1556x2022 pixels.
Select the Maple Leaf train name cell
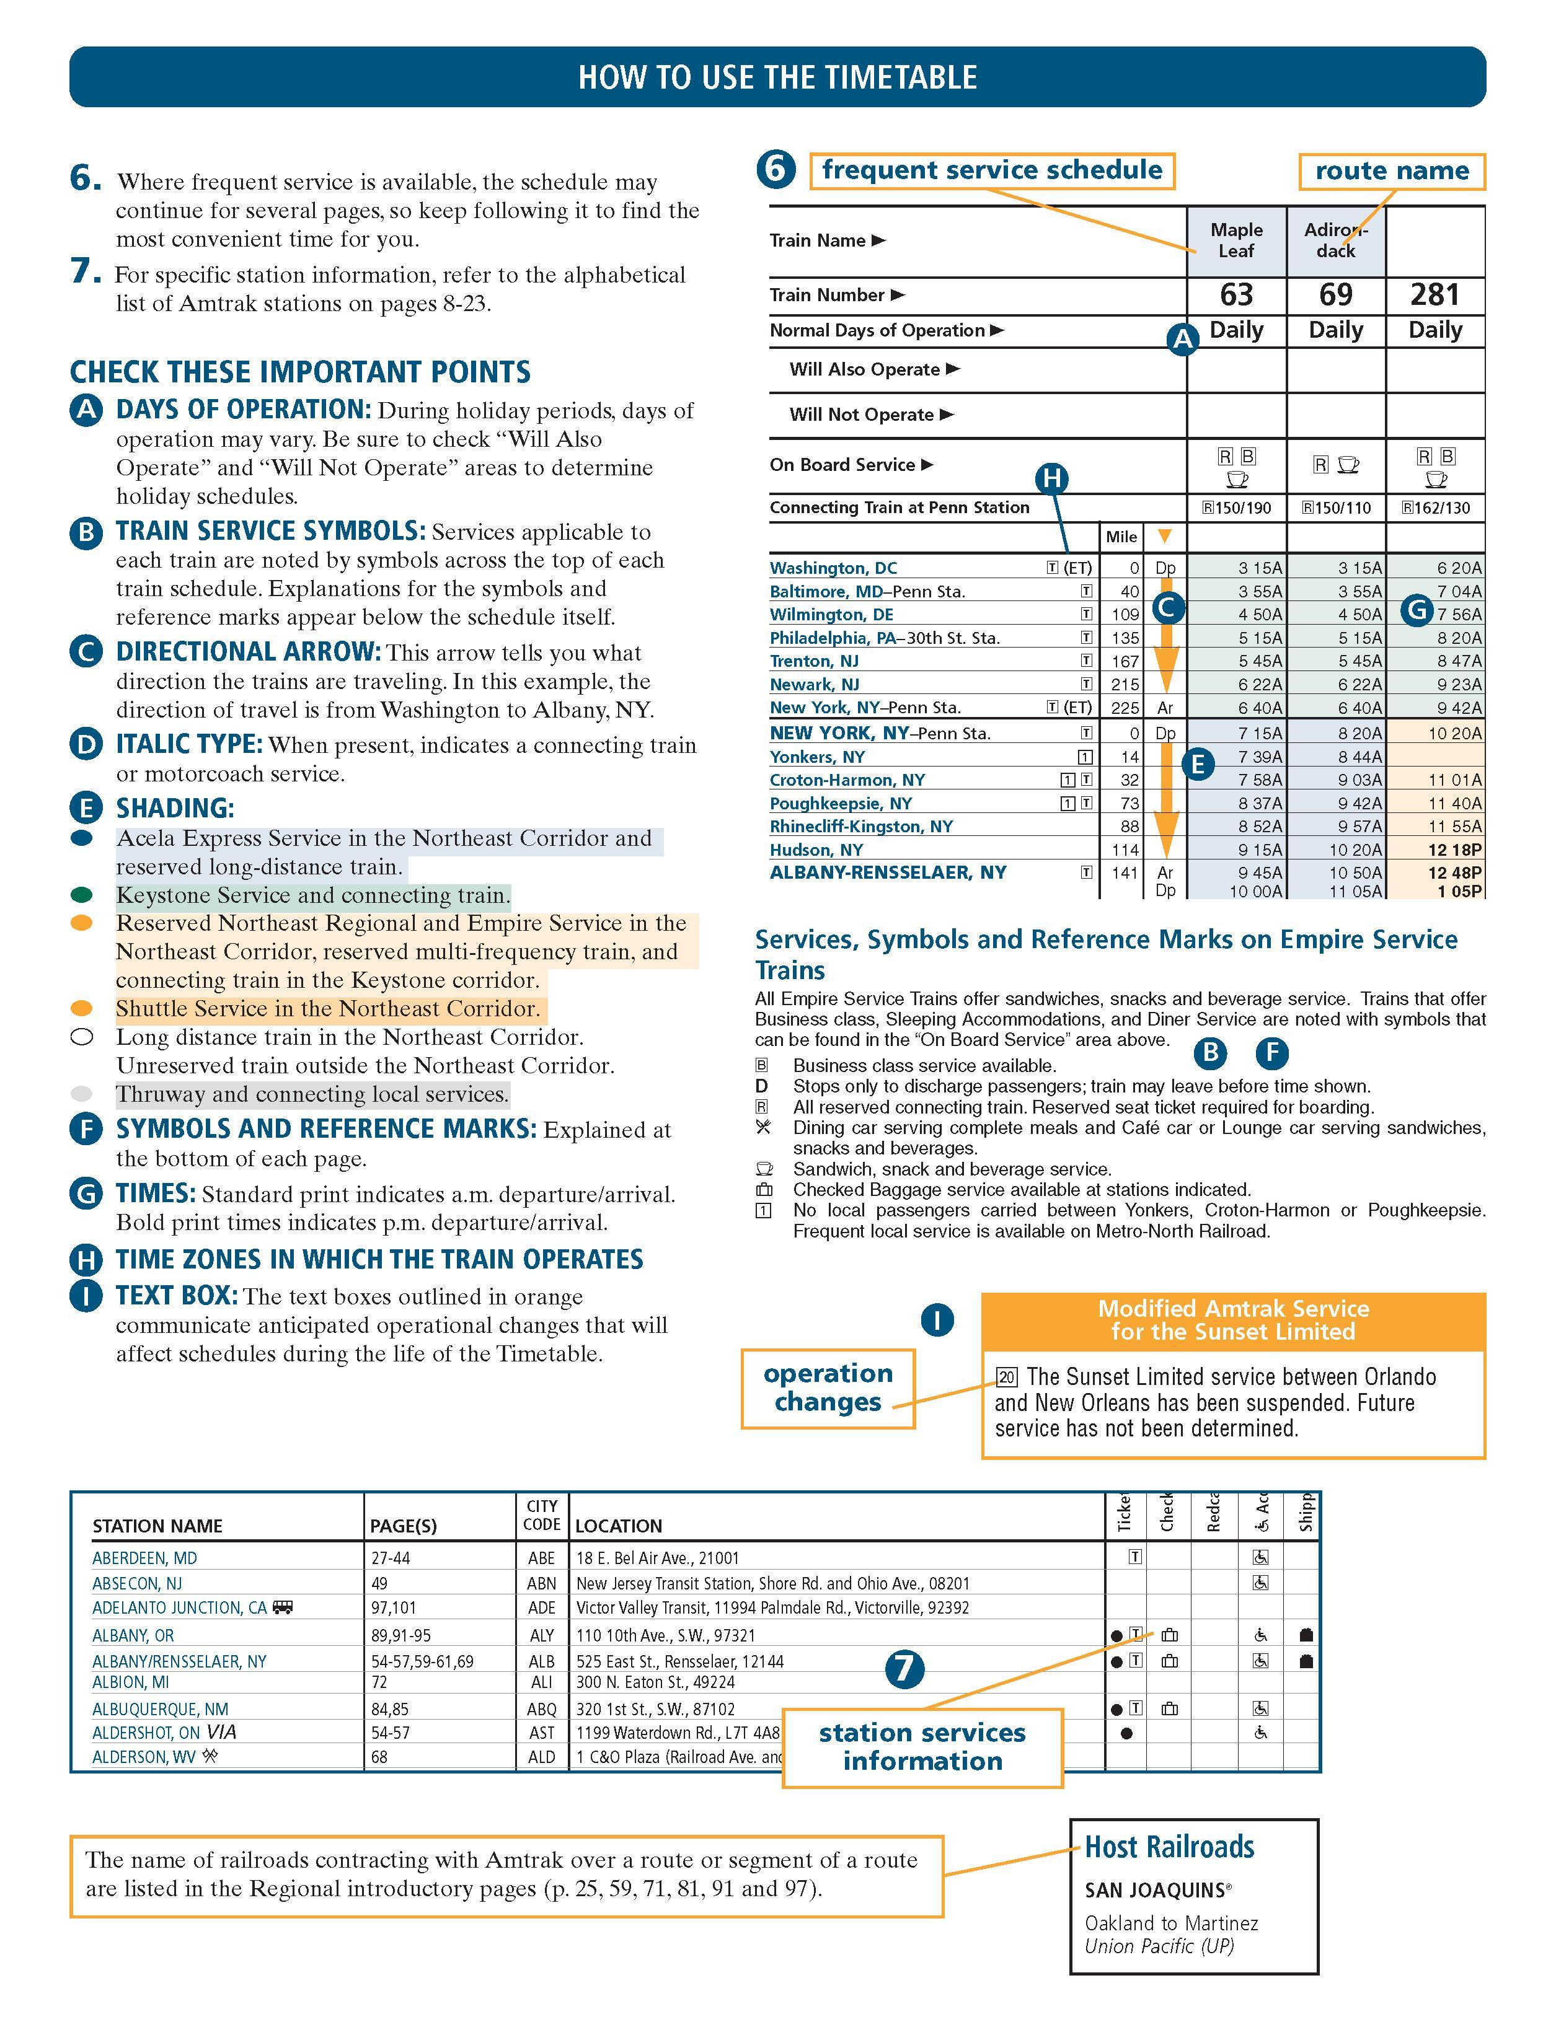point(1237,240)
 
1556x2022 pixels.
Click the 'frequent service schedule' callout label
point(992,170)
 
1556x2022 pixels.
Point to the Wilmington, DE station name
point(831,615)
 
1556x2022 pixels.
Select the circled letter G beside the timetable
point(1416,610)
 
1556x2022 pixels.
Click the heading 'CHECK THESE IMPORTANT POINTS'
point(300,372)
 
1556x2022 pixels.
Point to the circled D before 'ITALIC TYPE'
point(86,744)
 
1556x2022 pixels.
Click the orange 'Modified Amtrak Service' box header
point(1233,1321)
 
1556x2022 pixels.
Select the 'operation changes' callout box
point(828,1388)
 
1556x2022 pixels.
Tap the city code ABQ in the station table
point(541,1709)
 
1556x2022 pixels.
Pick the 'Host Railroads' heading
point(1169,1847)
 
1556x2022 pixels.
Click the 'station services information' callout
point(922,1747)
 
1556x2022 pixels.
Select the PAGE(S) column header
point(403,1526)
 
